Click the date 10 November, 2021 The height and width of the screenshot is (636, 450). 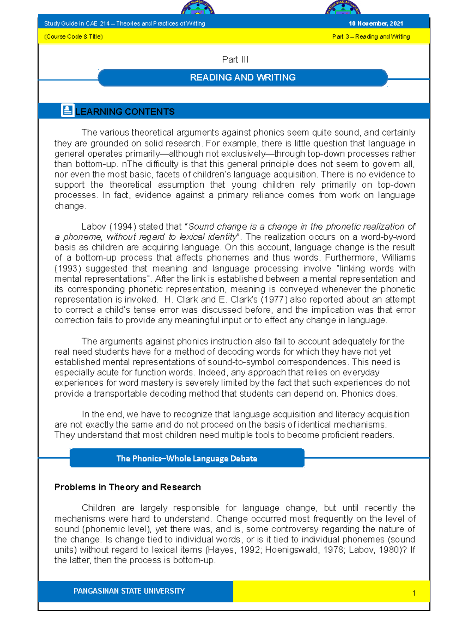coord(376,24)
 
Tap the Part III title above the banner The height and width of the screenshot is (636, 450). coord(235,60)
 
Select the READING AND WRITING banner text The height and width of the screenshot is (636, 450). coord(243,78)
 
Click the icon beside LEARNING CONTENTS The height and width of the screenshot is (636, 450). coord(67,110)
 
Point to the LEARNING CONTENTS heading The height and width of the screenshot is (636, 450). coord(125,112)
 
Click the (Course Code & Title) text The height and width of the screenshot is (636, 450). coord(73,37)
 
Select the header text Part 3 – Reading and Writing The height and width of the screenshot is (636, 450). coord(371,37)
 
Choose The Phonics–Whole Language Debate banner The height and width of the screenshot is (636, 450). coord(187,458)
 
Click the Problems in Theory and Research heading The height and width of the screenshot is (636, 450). coord(127,487)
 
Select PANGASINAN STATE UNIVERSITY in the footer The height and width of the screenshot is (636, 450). coord(129,591)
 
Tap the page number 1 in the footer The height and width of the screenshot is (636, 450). coord(414,593)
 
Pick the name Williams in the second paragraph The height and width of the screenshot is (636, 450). coord(398,258)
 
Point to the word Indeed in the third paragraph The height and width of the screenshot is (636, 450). coord(213,372)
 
